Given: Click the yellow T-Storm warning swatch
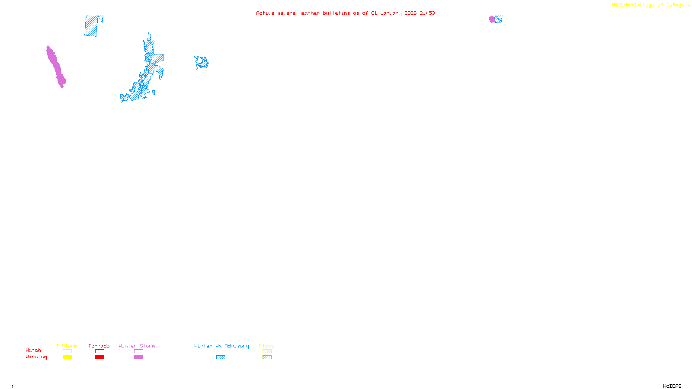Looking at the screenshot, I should [x=67, y=357].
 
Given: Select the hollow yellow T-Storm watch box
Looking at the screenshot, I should [x=67, y=351].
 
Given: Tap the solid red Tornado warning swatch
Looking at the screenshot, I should [x=99, y=357].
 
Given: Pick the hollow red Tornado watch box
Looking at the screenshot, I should [x=99, y=351].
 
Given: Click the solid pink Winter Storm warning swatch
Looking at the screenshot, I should [x=138, y=357].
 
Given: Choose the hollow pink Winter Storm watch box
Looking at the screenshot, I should [x=138, y=351].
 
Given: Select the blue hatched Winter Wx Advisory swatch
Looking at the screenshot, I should [x=221, y=357].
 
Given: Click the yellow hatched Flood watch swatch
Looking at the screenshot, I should [x=267, y=351].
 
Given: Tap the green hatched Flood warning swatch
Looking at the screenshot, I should [x=267, y=357].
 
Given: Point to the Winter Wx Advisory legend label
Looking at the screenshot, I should [x=221, y=346].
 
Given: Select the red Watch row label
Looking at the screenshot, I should [x=33, y=350].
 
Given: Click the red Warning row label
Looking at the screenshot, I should [x=36, y=357].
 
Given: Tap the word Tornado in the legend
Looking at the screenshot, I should [x=99, y=346].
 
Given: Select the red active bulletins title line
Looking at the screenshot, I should [x=345, y=13].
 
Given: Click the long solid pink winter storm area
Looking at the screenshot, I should [x=56, y=67].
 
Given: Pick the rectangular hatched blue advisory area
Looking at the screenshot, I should [x=91, y=26].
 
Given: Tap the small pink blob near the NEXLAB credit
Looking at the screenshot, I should [x=492, y=19].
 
